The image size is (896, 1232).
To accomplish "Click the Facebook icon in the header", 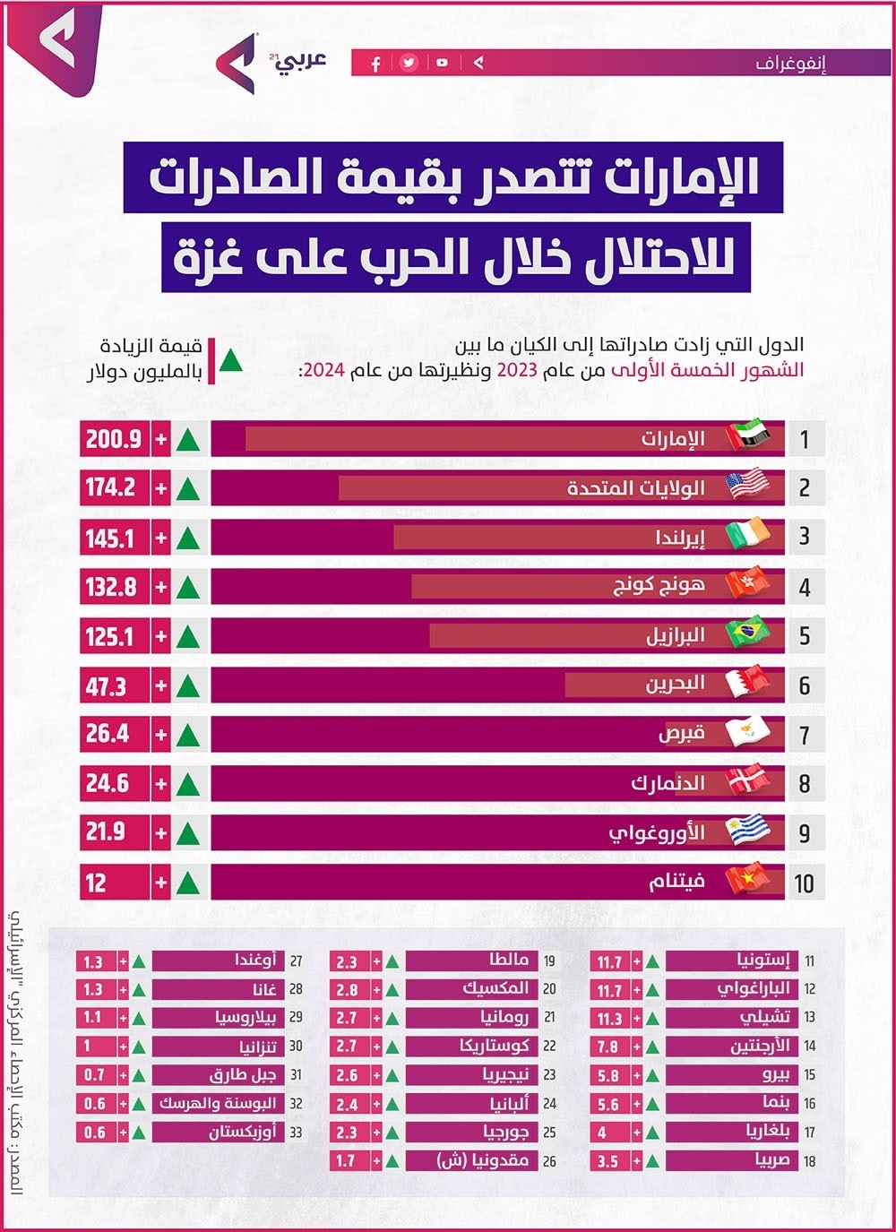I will click(376, 63).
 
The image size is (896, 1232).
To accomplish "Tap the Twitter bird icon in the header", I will click(409, 63).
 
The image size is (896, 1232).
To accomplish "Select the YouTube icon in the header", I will click(442, 63).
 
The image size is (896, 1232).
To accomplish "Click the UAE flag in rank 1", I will click(747, 436).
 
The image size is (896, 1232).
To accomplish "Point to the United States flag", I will click(747, 485).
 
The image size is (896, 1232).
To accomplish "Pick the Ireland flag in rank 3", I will click(747, 535).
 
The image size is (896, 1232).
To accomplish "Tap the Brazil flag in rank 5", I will click(747, 633).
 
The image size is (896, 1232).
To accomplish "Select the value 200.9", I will click(114, 439).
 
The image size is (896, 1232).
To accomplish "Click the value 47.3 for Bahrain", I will click(106, 686).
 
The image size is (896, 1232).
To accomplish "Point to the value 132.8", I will click(111, 588).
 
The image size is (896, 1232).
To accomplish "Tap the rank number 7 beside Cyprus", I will click(804, 736).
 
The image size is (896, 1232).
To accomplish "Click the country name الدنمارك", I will click(668, 784).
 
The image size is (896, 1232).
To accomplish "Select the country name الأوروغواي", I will click(657, 833).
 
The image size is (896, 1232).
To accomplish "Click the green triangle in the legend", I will click(231, 359).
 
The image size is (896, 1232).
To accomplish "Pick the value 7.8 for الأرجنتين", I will click(607, 1047).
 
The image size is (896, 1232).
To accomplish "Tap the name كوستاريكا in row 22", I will click(495, 1046).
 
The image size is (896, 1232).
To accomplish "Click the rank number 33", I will click(296, 1133).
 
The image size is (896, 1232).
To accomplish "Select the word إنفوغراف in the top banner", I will click(790, 63).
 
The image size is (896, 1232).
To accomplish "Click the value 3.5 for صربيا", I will click(607, 1161).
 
